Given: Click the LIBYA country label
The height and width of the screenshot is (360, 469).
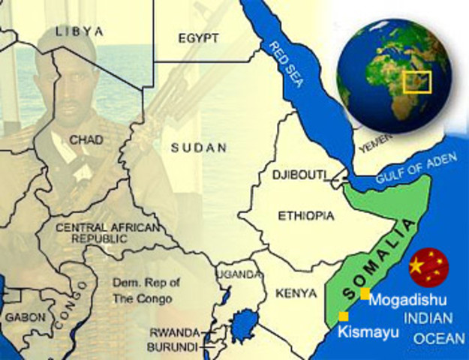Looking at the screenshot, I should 79,31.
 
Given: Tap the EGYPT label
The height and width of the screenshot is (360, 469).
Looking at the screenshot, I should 198,37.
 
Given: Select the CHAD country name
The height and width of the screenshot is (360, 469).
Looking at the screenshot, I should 86,139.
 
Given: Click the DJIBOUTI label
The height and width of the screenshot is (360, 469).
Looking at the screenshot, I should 299,175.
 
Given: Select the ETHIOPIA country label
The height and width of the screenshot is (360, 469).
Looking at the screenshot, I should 306,216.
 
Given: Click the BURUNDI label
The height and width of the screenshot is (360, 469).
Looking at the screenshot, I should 173,347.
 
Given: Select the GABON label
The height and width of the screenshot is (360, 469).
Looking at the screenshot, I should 25,317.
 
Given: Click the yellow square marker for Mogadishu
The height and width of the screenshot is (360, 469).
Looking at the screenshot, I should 365,294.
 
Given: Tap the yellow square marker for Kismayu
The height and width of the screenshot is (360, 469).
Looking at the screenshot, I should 343,316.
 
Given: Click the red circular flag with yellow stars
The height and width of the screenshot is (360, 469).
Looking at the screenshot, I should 428,266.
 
